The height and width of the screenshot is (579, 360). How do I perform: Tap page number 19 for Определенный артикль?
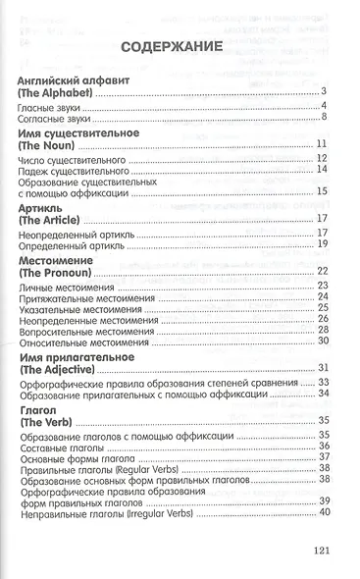[x=322, y=243]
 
